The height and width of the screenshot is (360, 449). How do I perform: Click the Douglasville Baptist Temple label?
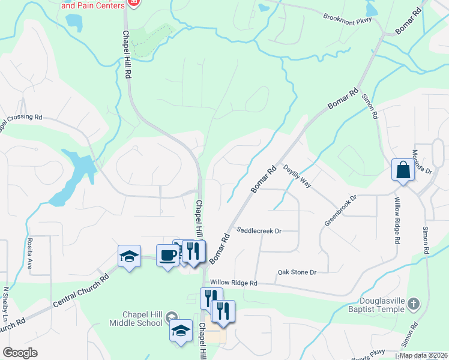378,305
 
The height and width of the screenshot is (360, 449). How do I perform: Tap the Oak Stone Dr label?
297,272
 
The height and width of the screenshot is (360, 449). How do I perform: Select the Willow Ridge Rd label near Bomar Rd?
234,283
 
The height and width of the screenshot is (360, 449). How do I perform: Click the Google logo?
20,353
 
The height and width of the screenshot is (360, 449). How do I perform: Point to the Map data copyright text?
423,355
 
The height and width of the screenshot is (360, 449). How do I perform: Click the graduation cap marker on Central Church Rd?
129,256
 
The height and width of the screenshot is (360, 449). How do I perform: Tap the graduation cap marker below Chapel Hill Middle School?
181,331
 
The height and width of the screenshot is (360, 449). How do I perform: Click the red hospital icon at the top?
133,4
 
